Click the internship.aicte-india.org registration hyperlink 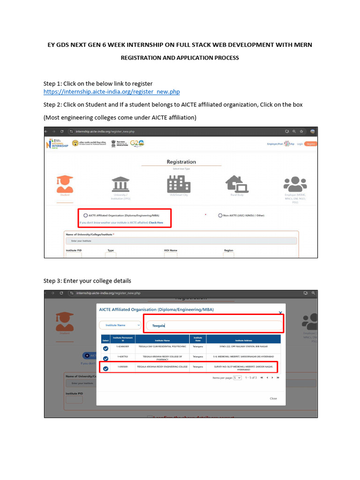coord(112,92)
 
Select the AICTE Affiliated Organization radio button coord(85,215)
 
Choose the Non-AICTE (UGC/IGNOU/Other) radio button coord(220,215)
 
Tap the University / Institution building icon coord(121,184)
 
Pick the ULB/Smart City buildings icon coord(178,183)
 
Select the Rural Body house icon coord(236,184)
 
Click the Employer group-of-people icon coord(295,184)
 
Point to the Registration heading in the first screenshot coord(181,162)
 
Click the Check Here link coord(156,223)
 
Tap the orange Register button coord(310,143)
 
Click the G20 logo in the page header coord(137,143)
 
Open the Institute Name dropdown coord(120,325)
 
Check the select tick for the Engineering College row coord(105,368)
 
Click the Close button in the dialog coord(273,398)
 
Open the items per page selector coord(238,377)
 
